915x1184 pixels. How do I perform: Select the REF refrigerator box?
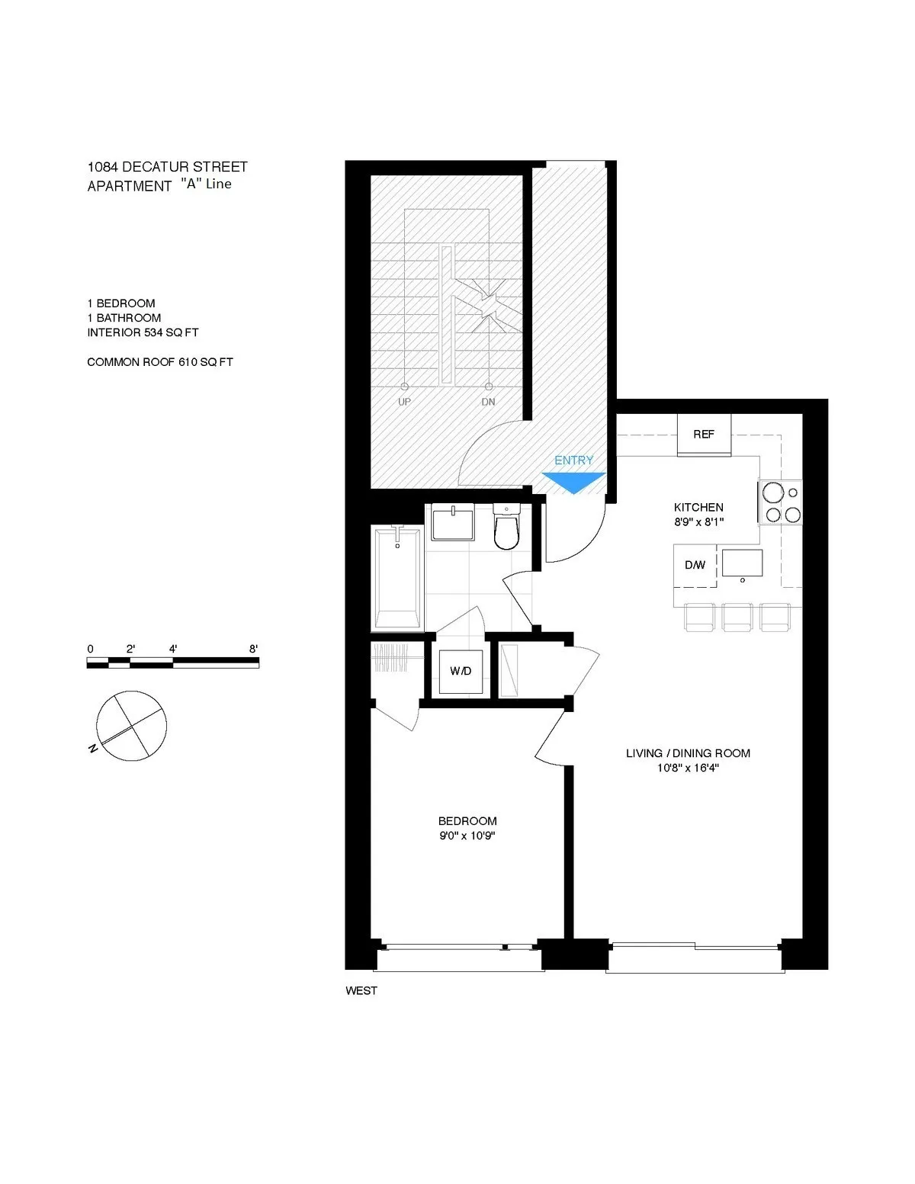pos(704,435)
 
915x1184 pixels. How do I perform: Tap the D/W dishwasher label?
pos(695,566)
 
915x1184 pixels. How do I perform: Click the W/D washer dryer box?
pos(460,671)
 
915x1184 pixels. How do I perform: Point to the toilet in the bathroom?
pos(506,528)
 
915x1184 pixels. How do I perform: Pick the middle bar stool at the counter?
pos(737,617)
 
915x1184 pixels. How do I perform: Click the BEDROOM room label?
pos(467,821)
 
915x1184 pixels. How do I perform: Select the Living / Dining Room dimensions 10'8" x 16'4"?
pos(688,768)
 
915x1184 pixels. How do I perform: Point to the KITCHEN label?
pos(698,507)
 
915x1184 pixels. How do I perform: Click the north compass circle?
pos(131,726)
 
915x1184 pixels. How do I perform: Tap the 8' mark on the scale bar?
pos(253,650)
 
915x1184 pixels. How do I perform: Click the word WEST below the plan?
pos(361,991)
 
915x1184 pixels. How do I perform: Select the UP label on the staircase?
pos(404,402)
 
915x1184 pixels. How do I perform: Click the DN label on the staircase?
pos(488,402)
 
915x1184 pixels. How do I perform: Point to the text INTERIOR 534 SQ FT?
pos(143,332)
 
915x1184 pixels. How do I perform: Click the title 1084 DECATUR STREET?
pos(168,167)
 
